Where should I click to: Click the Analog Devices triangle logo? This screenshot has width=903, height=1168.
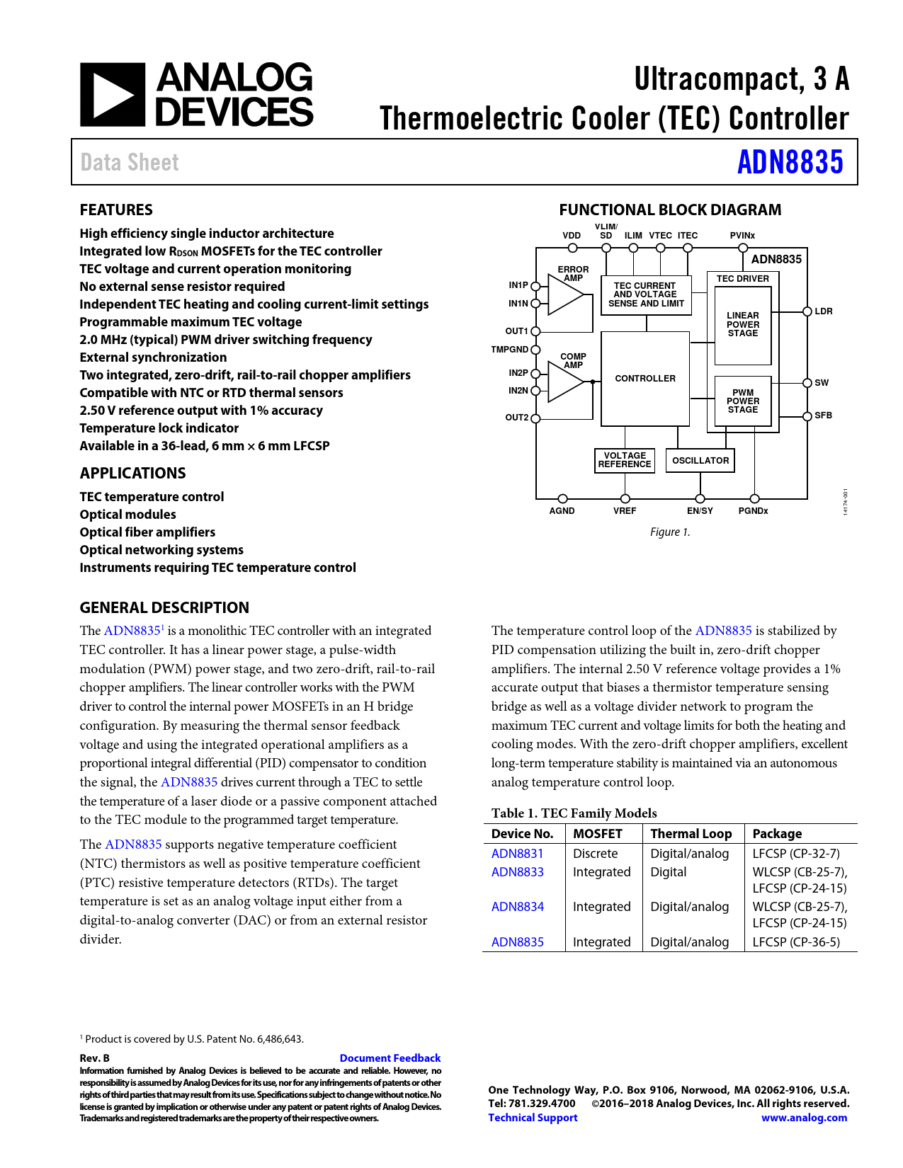click(112, 95)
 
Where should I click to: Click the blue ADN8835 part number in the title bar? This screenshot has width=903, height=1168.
click(790, 162)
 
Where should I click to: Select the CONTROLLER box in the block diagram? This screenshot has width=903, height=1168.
click(644, 379)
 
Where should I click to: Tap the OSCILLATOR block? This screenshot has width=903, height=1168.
click(700, 461)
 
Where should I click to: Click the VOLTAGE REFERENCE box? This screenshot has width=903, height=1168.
click(624, 460)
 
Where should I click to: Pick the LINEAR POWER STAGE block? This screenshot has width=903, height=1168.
click(742, 324)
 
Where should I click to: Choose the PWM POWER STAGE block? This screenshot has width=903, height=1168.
click(742, 401)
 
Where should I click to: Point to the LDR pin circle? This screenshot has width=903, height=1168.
click(807, 311)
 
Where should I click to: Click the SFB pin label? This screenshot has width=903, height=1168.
click(823, 416)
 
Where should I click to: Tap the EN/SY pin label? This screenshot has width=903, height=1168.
click(700, 511)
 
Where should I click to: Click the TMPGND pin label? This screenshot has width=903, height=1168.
click(509, 350)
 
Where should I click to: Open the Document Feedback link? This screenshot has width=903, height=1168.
click(390, 1058)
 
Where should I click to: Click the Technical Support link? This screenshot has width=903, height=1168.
click(533, 1118)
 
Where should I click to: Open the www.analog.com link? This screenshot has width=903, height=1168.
click(804, 1118)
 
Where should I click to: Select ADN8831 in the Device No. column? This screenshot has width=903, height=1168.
click(517, 854)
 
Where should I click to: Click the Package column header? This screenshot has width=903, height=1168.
click(777, 834)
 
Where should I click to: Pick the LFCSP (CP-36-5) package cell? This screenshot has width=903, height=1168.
click(796, 942)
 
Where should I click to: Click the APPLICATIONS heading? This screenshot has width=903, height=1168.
click(132, 474)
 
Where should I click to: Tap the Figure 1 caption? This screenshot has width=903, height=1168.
click(669, 532)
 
